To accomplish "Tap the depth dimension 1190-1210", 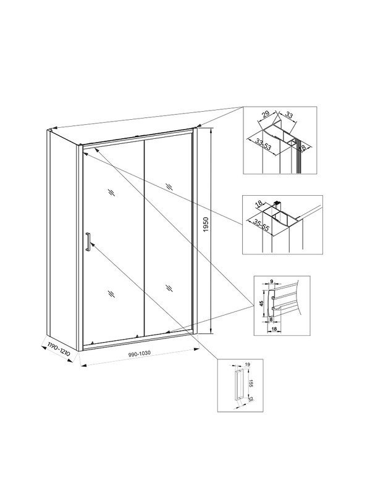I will point(57,350).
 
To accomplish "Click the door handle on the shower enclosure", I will point(88,241).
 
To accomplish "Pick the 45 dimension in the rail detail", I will point(262,303).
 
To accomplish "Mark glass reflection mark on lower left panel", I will point(111,294).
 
